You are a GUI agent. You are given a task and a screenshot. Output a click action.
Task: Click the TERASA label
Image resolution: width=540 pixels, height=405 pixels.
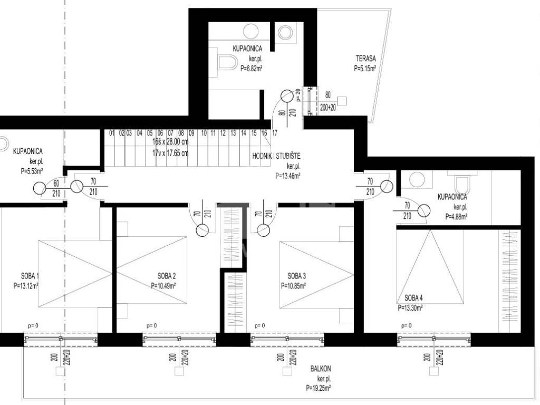pos(366,59)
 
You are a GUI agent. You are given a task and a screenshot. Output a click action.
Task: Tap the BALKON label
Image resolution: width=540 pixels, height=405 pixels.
pos(321,369)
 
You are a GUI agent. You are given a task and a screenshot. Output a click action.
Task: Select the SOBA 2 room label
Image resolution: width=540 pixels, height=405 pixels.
pos(167,276)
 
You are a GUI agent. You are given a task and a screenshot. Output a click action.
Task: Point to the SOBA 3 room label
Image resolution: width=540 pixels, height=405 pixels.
pos(297,276)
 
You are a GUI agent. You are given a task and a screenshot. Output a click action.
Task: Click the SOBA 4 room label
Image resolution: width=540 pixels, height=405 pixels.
pos(413,298)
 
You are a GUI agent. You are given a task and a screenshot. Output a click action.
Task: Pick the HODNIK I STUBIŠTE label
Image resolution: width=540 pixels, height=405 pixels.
pos(276,156)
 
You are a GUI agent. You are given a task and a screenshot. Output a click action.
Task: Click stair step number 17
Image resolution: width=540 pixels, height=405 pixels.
pos(274,132)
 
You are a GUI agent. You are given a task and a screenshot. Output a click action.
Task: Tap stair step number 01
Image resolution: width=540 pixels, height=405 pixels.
pos(112,132)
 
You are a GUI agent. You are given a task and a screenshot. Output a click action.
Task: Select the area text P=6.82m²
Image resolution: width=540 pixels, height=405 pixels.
pos(252,69)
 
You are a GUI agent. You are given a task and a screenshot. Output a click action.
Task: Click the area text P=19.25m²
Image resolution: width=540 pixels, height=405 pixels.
pos(319,388)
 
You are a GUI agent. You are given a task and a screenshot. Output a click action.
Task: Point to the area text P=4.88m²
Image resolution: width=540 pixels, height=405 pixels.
pos(456,217)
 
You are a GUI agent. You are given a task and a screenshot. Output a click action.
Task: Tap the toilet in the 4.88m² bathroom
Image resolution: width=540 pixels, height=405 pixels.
pos(462,185)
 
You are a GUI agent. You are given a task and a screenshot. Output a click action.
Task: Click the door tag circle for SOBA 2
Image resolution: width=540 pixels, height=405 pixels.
pos(202,230)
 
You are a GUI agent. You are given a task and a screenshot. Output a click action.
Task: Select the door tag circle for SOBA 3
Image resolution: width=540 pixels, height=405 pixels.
pos(263,230)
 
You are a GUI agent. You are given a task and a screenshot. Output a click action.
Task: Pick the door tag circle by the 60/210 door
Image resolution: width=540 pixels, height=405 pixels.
pos(40,188)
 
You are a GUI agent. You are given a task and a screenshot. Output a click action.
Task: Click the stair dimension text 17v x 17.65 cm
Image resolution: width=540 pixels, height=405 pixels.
pos(170,153)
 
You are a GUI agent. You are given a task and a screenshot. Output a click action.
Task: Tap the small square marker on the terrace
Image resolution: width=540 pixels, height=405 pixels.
pos(342,101)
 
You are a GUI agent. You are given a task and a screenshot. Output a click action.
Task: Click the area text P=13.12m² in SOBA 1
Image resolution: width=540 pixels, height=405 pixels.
pos(26,285)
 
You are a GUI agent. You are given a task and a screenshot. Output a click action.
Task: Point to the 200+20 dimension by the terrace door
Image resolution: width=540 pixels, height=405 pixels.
pos(328,108)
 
